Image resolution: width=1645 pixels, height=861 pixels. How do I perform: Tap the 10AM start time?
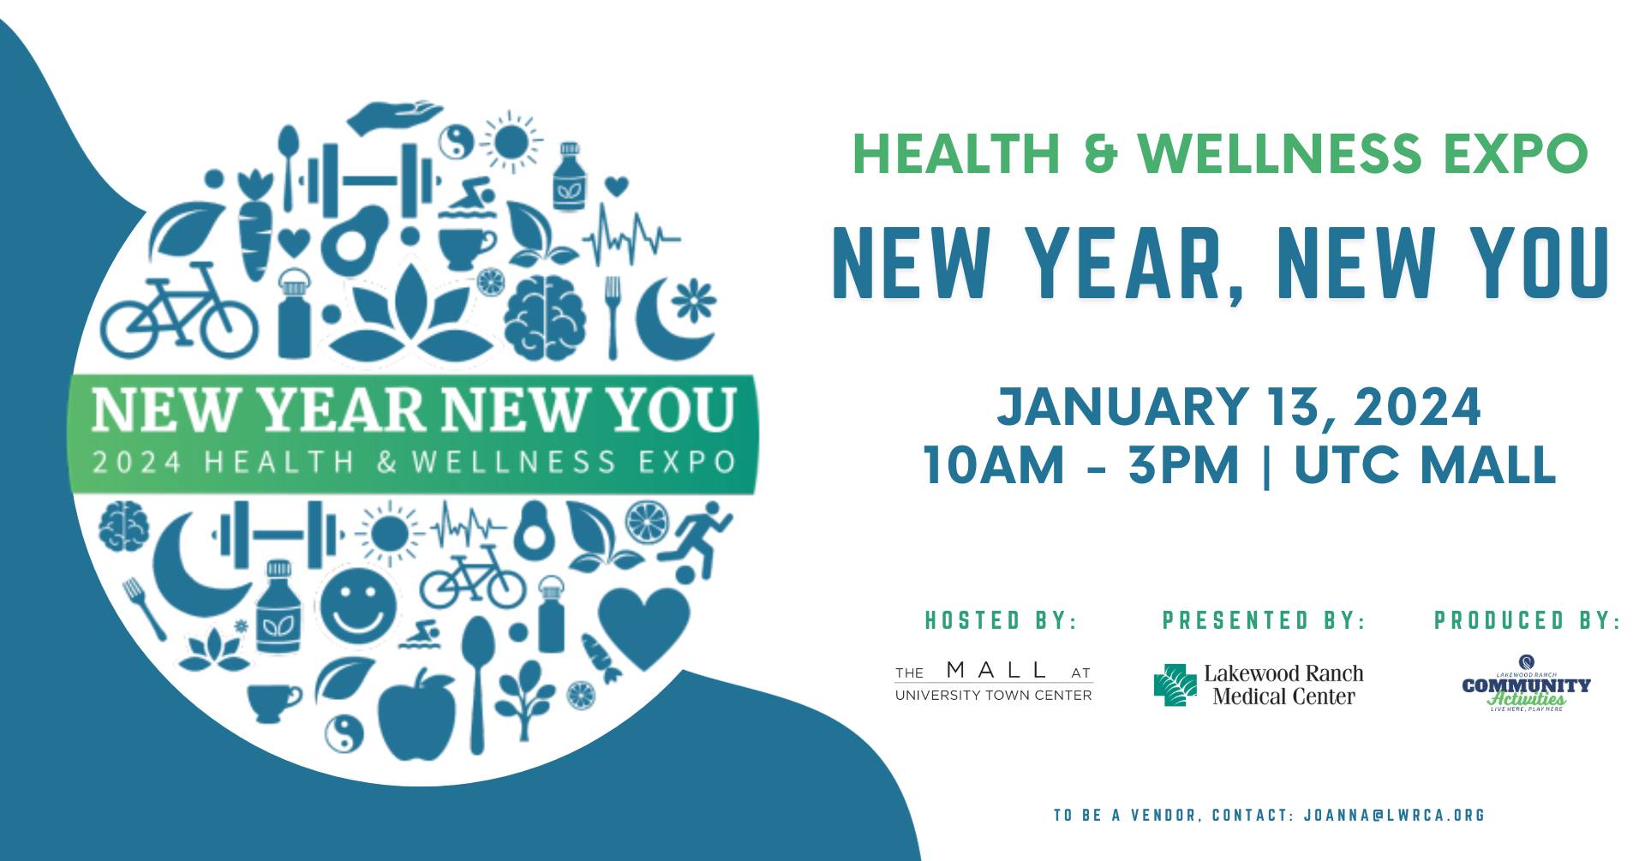[995, 465]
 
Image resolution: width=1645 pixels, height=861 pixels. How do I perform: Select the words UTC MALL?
[1424, 465]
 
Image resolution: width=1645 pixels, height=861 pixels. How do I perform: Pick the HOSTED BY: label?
[1000, 620]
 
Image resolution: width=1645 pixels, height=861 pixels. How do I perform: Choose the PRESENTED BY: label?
[1263, 620]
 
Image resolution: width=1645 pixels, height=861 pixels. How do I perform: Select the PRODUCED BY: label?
[1527, 620]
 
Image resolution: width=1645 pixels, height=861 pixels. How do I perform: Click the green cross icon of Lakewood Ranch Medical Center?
[1175, 685]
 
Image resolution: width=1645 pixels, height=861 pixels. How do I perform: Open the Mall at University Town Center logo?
[993, 682]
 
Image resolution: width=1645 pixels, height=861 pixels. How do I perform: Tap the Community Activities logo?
[1526, 685]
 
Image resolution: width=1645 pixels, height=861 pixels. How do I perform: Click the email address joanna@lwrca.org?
[1394, 815]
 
